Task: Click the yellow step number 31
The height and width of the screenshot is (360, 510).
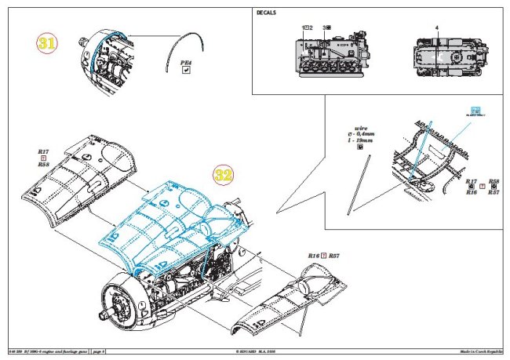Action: pyautogui.click(x=47, y=44)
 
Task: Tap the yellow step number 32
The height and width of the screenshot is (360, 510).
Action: pyautogui.click(x=224, y=175)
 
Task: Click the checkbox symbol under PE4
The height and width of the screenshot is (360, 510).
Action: pyautogui.click(x=186, y=69)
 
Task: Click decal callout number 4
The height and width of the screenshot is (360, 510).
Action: pyautogui.click(x=436, y=27)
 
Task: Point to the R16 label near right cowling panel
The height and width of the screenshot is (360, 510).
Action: pyautogui.click(x=314, y=256)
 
